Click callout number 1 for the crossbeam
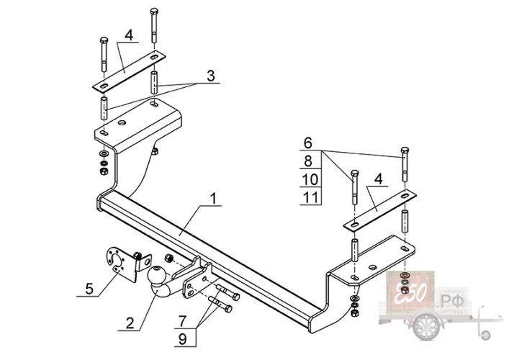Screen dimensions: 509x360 [x=213, y=198]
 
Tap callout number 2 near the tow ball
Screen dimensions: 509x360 [x=130, y=323]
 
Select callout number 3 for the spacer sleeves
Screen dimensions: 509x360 [x=211, y=76]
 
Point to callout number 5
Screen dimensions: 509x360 [x=89, y=289]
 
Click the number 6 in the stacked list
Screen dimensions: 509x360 [x=307, y=143]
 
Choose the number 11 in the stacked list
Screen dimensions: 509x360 [x=310, y=197]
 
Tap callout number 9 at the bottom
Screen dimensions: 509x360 [x=182, y=339]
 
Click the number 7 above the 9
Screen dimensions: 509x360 [x=182, y=321]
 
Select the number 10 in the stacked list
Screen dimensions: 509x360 [x=310, y=179]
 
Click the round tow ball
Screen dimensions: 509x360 [x=156, y=274]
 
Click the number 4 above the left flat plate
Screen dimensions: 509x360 [x=129, y=35]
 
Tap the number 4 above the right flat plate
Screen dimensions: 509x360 [x=378, y=179]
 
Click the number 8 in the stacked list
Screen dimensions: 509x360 [x=307, y=161]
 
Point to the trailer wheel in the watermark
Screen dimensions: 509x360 [x=426, y=325]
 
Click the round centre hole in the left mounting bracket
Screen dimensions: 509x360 [x=122, y=122]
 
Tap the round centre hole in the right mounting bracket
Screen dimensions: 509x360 [x=373, y=267]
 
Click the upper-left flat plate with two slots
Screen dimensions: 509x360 [x=129, y=71]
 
